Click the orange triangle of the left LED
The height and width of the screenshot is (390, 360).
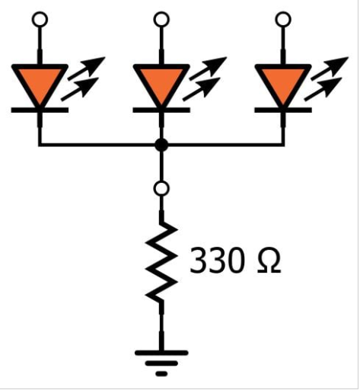40,82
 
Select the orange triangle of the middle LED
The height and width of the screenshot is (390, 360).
161,82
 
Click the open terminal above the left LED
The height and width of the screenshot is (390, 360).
40,18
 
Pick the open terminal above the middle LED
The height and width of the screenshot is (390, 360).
161,18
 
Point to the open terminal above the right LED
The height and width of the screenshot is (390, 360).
283,18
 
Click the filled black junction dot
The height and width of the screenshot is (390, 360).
161,145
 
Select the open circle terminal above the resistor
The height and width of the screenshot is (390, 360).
161,187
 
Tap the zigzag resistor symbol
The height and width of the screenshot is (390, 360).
161,263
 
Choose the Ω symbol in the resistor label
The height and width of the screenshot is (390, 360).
267,261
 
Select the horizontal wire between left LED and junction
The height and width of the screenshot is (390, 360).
99,145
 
